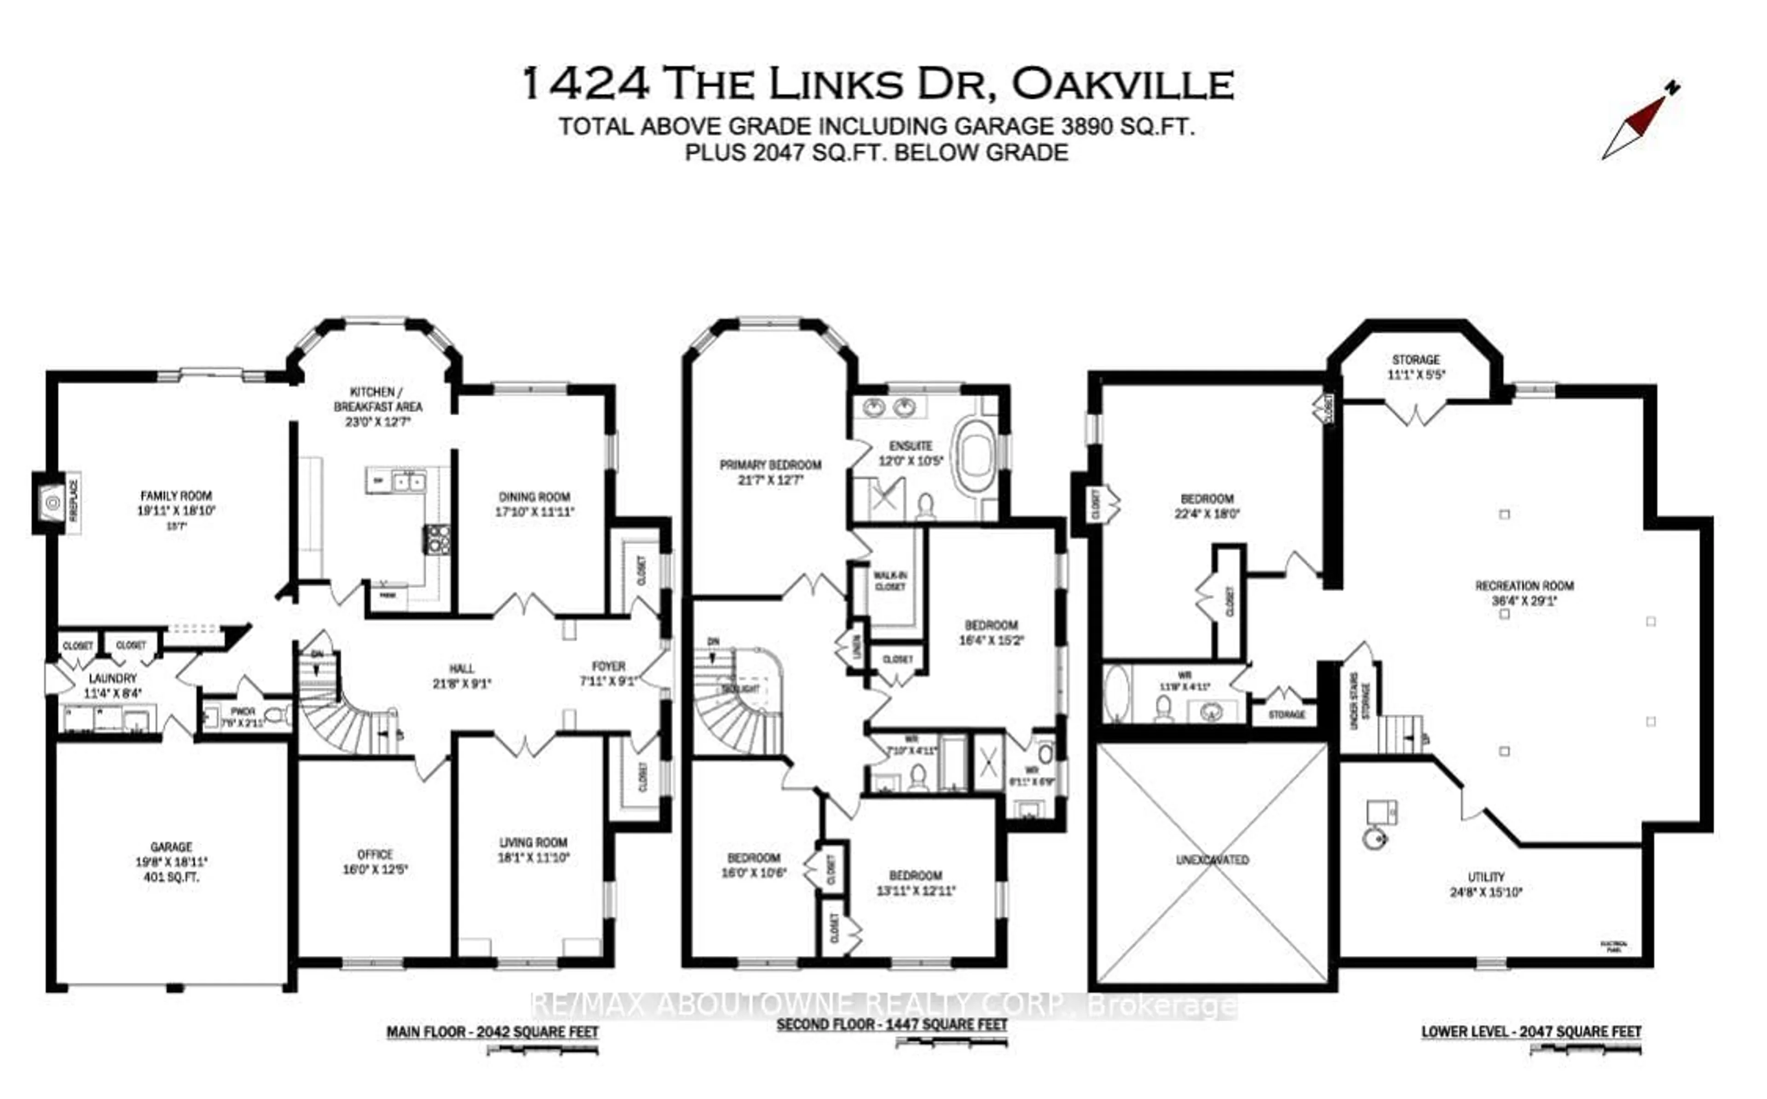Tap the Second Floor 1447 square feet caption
(892, 1024)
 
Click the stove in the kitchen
(438, 539)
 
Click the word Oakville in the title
(1123, 85)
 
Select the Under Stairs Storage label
(1360, 702)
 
